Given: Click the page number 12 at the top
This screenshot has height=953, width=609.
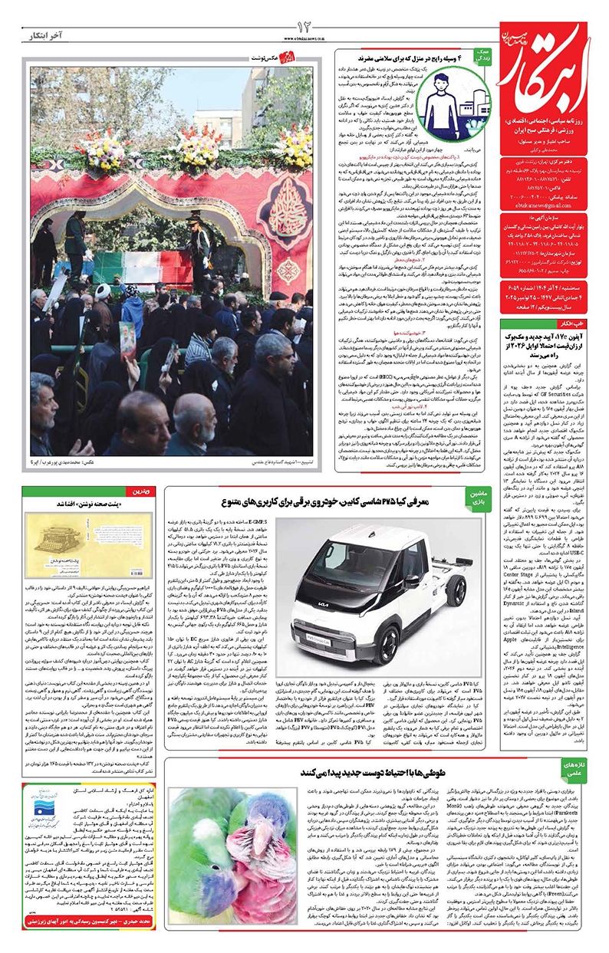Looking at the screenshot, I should (303, 28).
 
